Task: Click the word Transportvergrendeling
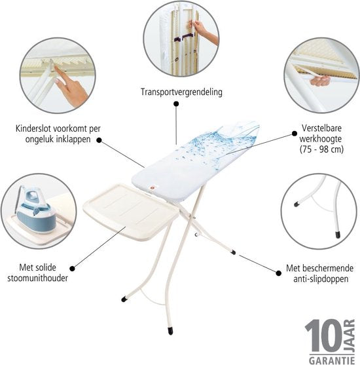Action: point(181,92)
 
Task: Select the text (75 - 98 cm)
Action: point(321,149)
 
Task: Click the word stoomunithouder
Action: point(37,278)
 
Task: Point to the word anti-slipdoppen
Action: point(321,279)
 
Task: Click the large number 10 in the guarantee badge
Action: point(323,336)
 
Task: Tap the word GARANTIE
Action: point(332,360)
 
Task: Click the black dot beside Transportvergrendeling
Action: point(176,104)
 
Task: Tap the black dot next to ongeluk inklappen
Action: point(99,140)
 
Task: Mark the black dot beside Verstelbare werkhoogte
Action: point(295,134)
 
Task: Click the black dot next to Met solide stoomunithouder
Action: point(72,269)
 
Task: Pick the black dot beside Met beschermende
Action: point(279,273)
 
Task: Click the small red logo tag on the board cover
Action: point(152,187)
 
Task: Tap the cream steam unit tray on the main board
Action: point(130,210)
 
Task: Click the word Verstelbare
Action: point(321,128)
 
